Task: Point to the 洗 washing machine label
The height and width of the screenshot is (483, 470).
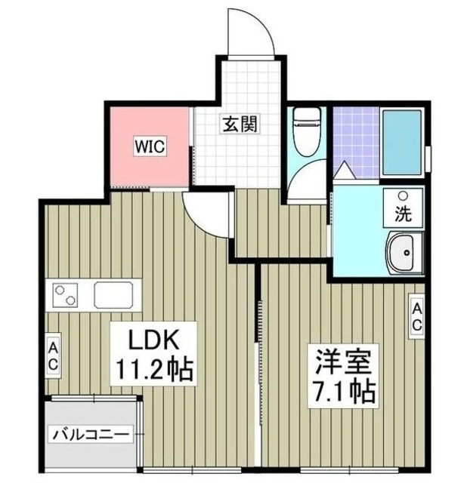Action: (x=405, y=213)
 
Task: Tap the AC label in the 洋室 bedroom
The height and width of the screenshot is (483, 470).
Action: (x=416, y=316)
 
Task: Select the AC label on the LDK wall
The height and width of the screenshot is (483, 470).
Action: (x=54, y=355)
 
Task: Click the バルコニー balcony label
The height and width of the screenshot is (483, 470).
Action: (x=91, y=435)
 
